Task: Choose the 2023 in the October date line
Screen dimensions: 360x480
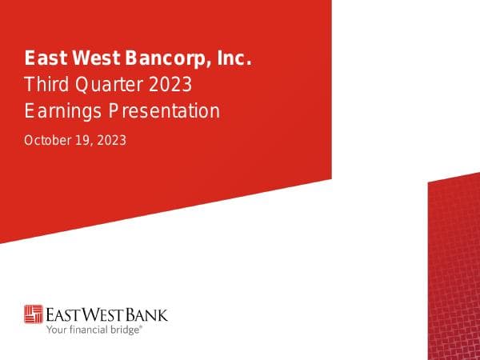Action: pos(111,140)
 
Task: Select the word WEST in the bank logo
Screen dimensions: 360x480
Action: pos(106,313)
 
